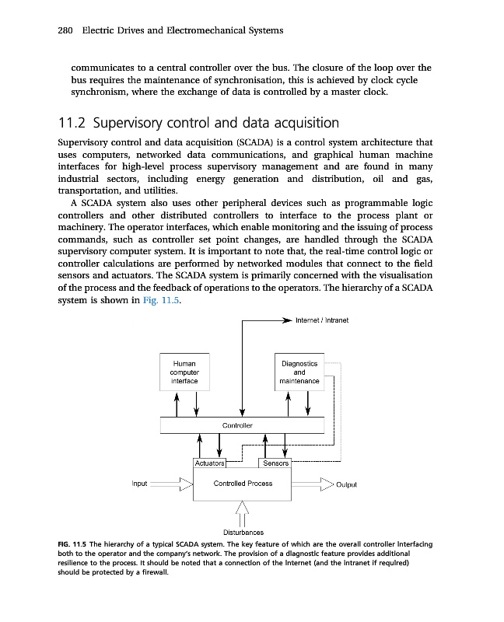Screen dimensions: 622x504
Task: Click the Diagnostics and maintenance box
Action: (x=299, y=372)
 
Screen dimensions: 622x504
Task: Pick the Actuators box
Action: (x=209, y=463)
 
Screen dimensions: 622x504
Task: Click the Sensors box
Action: (x=276, y=463)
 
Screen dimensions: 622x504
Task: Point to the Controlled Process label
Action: (x=243, y=484)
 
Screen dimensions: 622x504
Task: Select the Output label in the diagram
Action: (x=346, y=484)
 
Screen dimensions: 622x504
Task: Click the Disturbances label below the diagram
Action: (x=241, y=532)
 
